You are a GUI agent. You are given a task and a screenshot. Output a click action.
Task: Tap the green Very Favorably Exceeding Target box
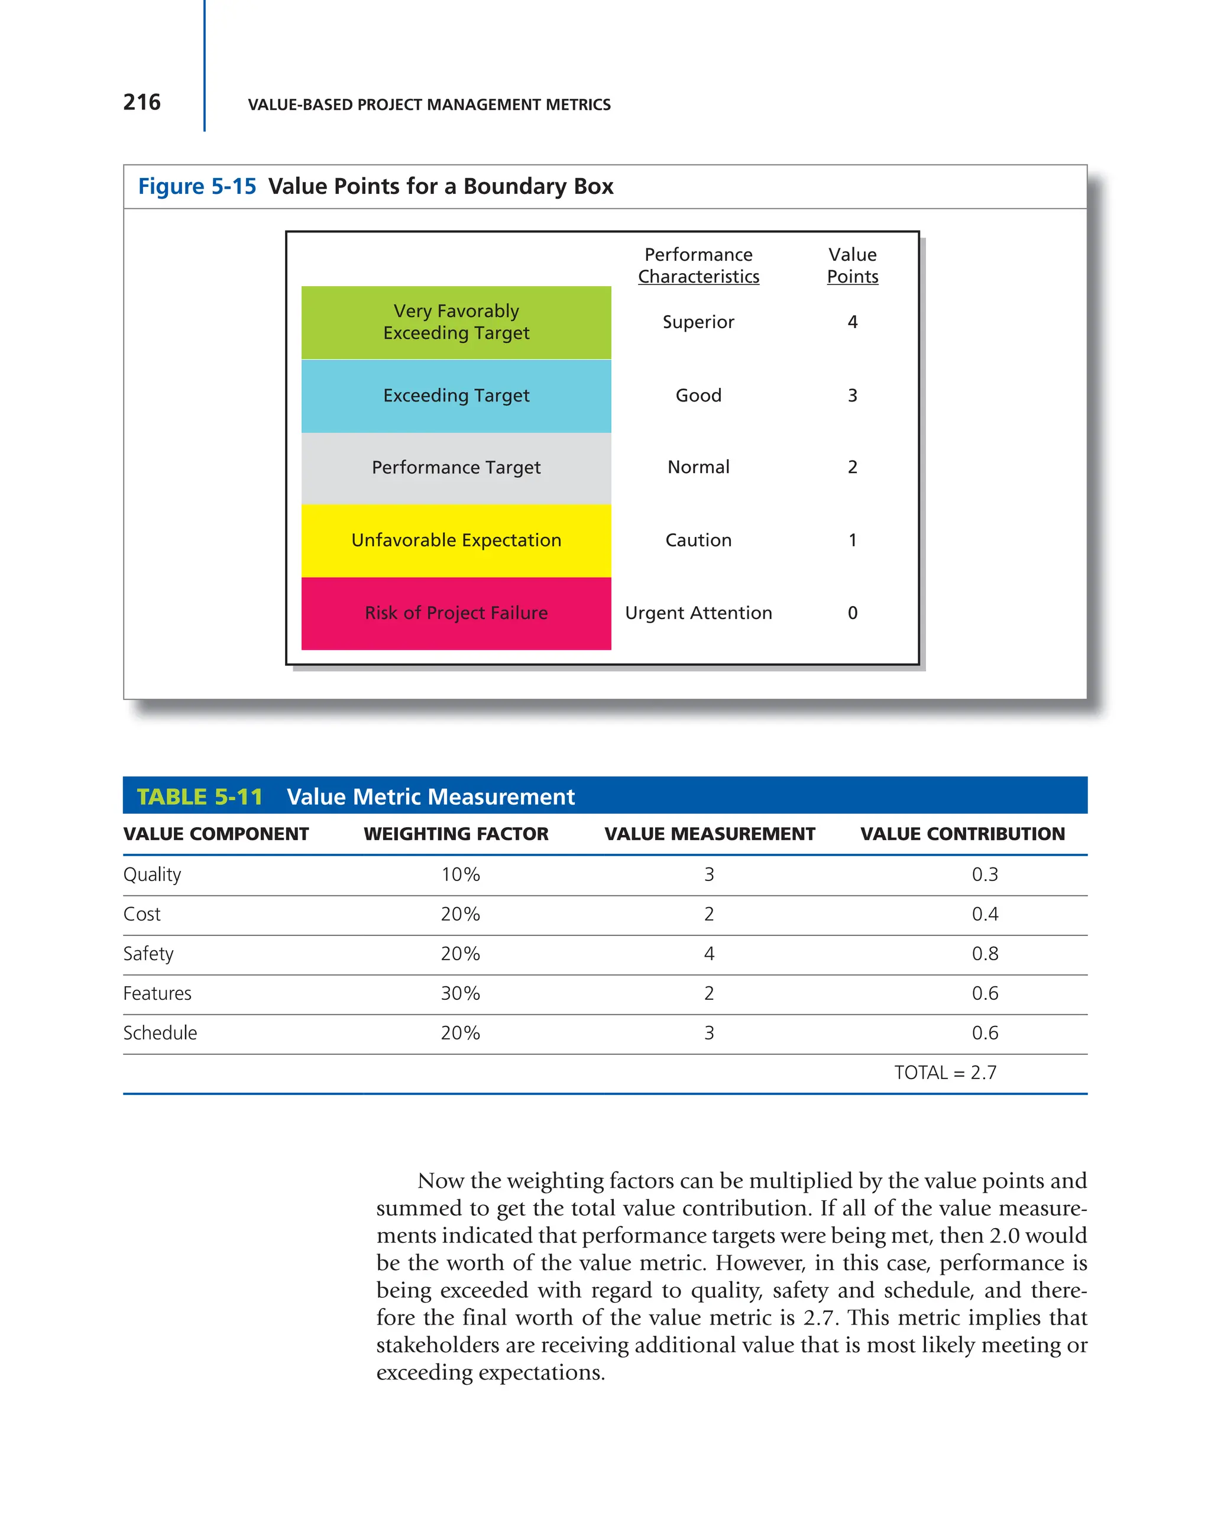(x=456, y=322)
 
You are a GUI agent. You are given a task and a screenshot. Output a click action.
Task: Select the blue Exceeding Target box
(x=456, y=396)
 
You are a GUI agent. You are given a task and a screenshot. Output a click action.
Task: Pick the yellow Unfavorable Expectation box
(x=456, y=540)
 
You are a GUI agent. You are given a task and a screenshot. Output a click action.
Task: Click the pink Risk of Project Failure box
(x=456, y=613)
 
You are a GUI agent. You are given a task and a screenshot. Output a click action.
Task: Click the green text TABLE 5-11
(x=199, y=797)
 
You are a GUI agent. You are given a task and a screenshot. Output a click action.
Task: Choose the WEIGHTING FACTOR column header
(x=455, y=834)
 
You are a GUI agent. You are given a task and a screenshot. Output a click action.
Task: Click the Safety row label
(x=148, y=954)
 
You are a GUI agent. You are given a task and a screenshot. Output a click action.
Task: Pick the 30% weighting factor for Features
(x=460, y=993)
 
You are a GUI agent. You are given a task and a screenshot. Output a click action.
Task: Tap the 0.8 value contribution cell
(x=984, y=954)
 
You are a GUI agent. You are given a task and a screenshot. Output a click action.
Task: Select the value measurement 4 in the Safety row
(x=709, y=954)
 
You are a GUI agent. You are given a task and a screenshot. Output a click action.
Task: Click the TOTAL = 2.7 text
(x=945, y=1073)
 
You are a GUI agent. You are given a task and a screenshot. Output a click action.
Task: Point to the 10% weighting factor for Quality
(x=460, y=875)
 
